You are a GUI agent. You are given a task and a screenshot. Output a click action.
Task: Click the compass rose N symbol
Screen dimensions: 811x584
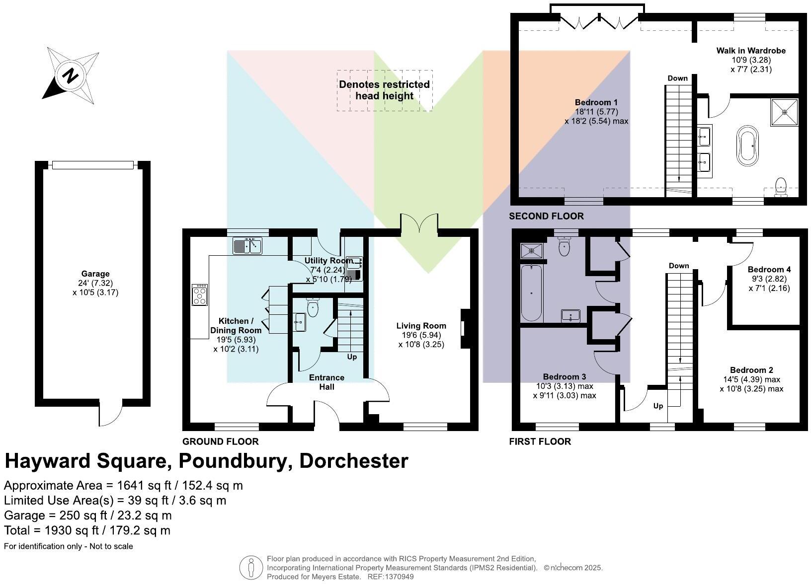70,76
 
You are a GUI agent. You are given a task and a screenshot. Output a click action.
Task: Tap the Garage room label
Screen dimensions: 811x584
95,274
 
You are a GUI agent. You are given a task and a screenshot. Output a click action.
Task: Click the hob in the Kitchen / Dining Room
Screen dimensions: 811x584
200,294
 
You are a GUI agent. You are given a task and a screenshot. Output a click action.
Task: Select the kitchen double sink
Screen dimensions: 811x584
247,246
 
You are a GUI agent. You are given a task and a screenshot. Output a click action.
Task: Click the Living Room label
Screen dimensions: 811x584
421,326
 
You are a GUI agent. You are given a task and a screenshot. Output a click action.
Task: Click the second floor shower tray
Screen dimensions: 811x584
785,112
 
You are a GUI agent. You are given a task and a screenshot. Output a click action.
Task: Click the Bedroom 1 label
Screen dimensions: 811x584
596,103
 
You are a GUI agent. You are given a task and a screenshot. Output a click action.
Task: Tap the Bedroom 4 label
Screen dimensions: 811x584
769,270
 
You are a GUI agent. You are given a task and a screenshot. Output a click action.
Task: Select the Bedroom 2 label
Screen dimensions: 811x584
751,370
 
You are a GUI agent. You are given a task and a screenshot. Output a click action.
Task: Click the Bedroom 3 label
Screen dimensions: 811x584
565,377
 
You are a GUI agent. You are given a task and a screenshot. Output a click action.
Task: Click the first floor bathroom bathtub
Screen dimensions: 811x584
531,293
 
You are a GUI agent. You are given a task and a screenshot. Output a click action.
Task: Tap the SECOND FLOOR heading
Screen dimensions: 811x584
546,216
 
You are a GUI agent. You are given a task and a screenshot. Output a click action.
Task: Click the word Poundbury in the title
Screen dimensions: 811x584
233,461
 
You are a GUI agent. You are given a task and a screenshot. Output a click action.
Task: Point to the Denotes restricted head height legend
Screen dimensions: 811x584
384,90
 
